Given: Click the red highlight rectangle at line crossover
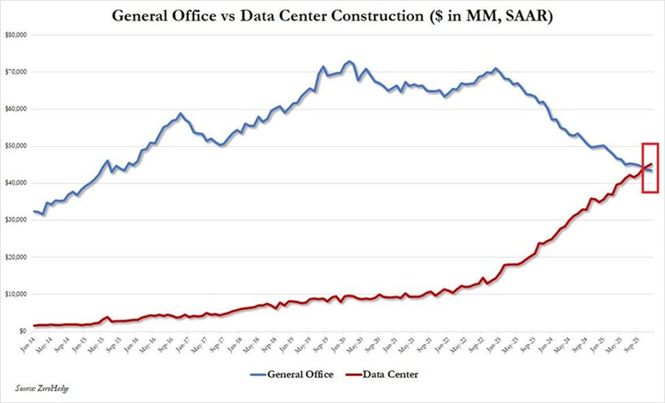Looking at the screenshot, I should tap(650, 167).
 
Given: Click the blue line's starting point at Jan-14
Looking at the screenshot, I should tap(34, 211).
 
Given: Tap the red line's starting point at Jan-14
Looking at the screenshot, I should tap(34, 325).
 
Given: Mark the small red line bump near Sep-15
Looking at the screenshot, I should tap(106, 317).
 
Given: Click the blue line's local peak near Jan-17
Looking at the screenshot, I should tap(180, 113).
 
